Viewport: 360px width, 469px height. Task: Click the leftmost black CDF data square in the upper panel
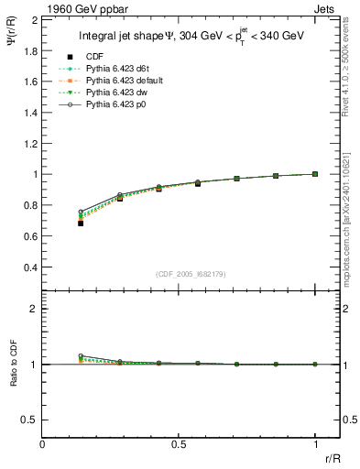82,223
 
